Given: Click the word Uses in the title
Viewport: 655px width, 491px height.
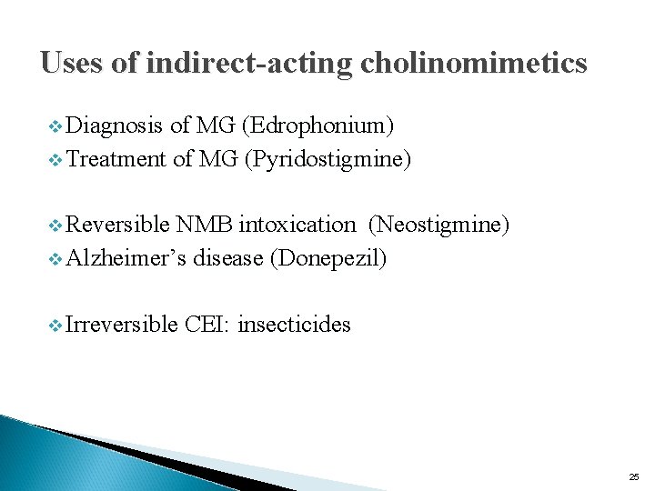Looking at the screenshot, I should [72, 64].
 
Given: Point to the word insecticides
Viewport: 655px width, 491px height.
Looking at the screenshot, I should [294, 324].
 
